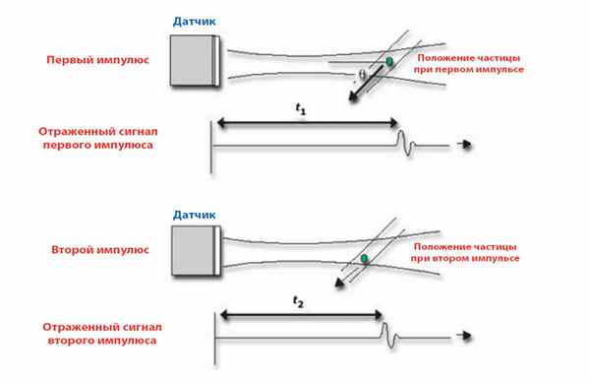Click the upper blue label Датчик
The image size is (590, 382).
click(x=194, y=22)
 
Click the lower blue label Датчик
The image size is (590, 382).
click(x=194, y=215)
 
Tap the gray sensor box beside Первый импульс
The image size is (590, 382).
click(x=195, y=61)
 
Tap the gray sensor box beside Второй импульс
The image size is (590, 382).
click(x=196, y=251)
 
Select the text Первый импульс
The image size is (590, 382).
click(x=97, y=59)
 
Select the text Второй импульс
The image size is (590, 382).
click(x=100, y=249)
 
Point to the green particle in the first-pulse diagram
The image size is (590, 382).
click(x=389, y=61)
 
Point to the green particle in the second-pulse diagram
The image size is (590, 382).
click(x=364, y=258)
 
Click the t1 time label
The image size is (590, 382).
click(x=300, y=109)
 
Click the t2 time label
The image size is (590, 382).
click(x=298, y=301)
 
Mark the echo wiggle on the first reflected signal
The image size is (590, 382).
click(x=406, y=143)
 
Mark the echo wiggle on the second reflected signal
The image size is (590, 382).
click(x=390, y=335)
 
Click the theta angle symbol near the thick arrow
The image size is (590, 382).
click(x=362, y=75)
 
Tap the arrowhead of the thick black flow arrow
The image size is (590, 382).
click(x=353, y=97)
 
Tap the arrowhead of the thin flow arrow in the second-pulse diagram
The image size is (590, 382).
click(x=339, y=284)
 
